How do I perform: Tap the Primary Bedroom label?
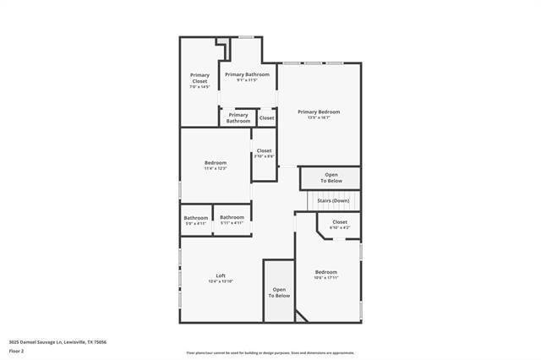[x=319, y=112]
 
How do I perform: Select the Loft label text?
[x=221, y=275]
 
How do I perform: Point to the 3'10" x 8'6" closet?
[x=265, y=153]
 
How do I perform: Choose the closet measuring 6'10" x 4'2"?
[x=340, y=224]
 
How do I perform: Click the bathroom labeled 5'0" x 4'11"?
[x=196, y=220]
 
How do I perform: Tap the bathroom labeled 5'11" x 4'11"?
[x=232, y=220]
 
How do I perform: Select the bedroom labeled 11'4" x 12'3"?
[x=216, y=165]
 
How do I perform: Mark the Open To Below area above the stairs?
[x=331, y=177]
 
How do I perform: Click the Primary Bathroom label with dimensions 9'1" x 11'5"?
[x=248, y=77]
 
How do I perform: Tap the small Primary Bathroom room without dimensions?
[x=238, y=117]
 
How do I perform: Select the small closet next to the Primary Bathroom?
[x=267, y=117]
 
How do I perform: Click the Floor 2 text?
[x=16, y=349]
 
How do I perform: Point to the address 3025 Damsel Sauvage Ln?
[x=57, y=341]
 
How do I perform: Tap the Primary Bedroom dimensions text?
[x=319, y=117]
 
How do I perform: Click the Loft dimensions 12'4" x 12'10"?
[x=221, y=281]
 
